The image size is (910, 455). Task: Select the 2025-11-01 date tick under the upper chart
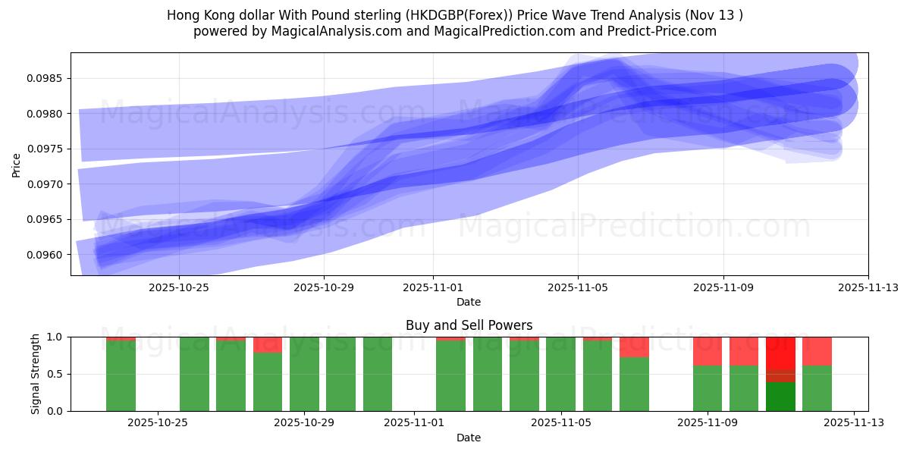[x=433, y=287]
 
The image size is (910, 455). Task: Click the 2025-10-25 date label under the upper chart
[x=179, y=287]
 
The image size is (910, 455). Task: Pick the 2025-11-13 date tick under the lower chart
[x=854, y=423]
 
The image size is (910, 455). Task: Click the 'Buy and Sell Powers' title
[x=469, y=325]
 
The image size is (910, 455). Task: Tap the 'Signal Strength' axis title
[x=35, y=374]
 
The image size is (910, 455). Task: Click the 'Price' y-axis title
[x=17, y=164]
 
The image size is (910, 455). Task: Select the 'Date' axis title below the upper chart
[x=469, y=302]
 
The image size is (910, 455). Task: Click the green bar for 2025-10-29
[x=304, y=374]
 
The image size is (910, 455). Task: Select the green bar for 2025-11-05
[x=560, y=374]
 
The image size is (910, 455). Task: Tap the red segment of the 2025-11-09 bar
[x=708, y=351]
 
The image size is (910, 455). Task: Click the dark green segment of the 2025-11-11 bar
[x=780, y=397]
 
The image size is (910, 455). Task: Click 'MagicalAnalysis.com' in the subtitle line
[x=337, y=31]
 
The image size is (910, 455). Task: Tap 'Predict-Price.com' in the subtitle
[x=665, y=31]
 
